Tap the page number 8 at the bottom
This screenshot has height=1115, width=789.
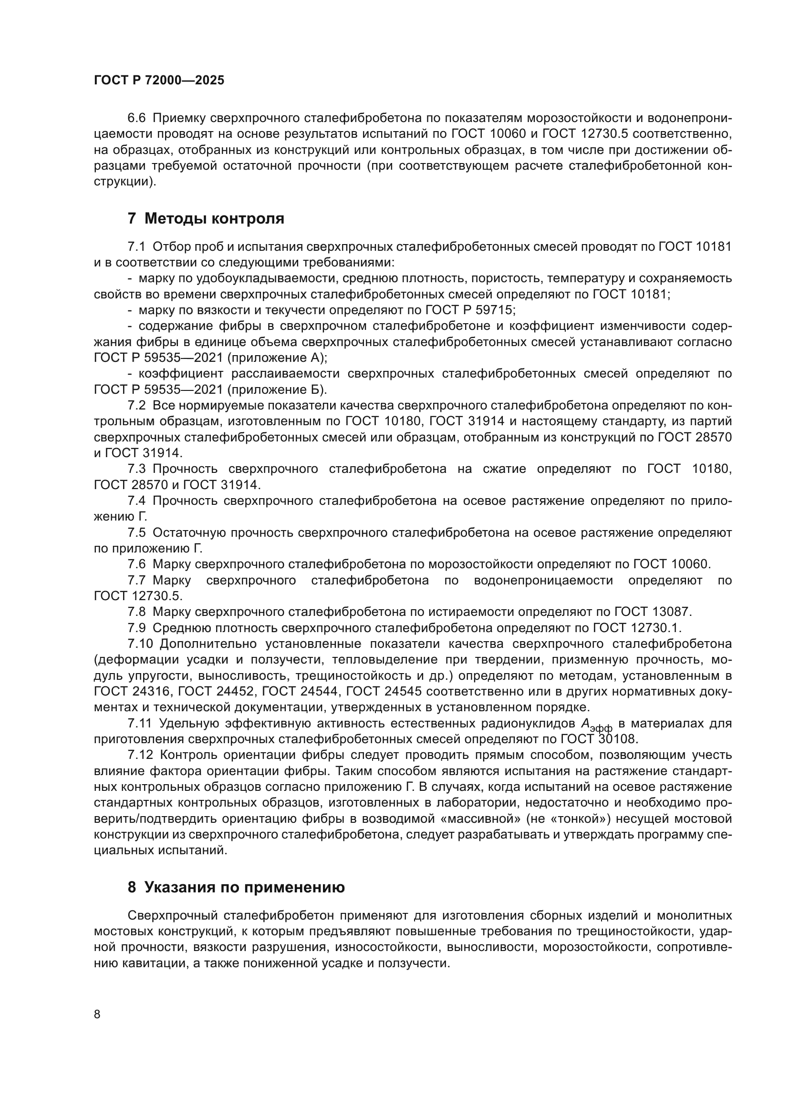[x=97, y=1014]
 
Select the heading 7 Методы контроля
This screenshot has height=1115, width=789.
[x=206, y=218]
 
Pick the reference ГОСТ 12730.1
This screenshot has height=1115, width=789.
[x=637, y=628]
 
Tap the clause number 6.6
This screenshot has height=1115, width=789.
[x=136, y=119]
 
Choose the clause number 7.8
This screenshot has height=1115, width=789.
[x=136, y=612]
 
